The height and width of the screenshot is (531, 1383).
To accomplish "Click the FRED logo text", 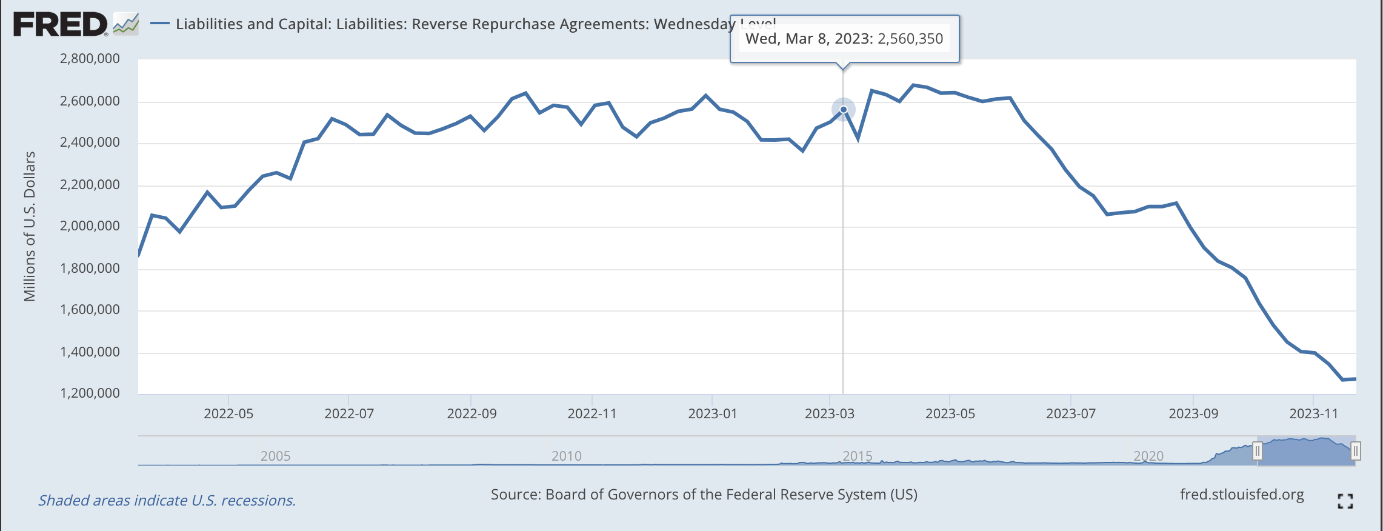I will (x=60, y=25).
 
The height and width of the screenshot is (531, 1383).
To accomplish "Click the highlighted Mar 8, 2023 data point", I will (x=843, y=110).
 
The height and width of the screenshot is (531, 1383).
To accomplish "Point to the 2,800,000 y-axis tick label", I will (x=90, y=59).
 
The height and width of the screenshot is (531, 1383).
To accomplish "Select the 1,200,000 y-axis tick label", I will (x=90, y=393).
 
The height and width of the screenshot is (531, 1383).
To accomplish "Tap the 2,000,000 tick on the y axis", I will (x=90, y=226).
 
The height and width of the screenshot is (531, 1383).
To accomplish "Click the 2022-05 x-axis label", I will (x=228, y=414).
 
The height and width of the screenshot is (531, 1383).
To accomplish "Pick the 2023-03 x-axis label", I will (x=829, y=414).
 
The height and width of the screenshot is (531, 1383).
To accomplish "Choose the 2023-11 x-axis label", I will (x=1313, y=414).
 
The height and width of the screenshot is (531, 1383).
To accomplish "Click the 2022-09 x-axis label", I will (x=472, y=414).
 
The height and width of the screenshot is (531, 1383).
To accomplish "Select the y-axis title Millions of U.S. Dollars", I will (x=30, y=226).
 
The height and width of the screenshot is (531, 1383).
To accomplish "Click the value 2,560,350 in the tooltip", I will (x=910, y=39).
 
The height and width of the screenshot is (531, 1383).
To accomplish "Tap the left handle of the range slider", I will (x=1258, y=451).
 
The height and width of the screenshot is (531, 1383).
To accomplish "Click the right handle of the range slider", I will (x=1356, y=451).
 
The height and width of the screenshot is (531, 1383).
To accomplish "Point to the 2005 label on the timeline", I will (x=276, y=456).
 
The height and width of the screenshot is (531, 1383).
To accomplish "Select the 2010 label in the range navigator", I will (x=567, y=456).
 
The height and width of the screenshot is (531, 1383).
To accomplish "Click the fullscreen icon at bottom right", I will (x=1345, y=501).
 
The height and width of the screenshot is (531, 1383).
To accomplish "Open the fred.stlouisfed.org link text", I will (x=1242, y=495).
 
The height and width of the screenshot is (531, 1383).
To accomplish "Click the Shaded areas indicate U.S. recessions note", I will (x=167, y=501).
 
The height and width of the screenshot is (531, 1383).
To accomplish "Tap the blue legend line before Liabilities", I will (x=160, y=24).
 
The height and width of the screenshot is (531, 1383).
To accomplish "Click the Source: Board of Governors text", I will (x=704, y=495).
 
